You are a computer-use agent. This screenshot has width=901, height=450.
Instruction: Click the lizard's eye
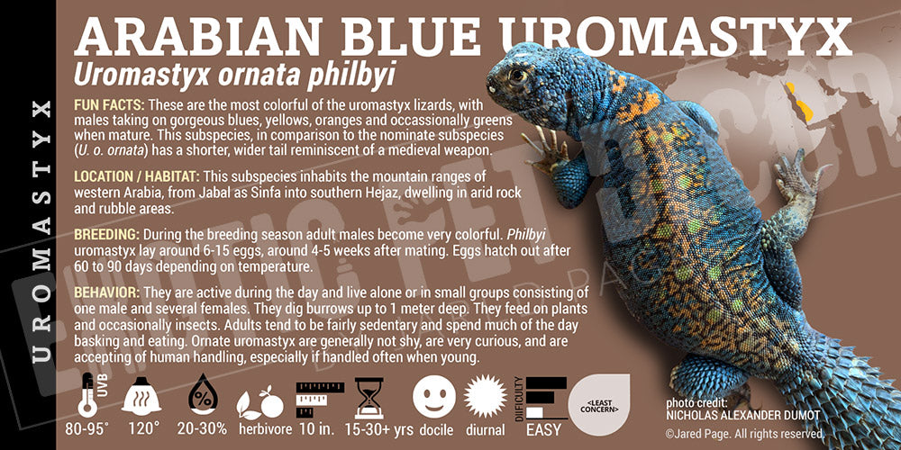point(520,76)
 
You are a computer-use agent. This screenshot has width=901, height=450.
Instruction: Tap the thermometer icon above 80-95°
point(88,393)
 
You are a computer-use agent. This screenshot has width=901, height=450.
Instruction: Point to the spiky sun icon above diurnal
point(487,394)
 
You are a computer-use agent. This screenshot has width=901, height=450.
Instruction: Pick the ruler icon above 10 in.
point(312,394)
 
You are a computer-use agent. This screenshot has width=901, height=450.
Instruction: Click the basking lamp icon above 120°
point(141,394)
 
